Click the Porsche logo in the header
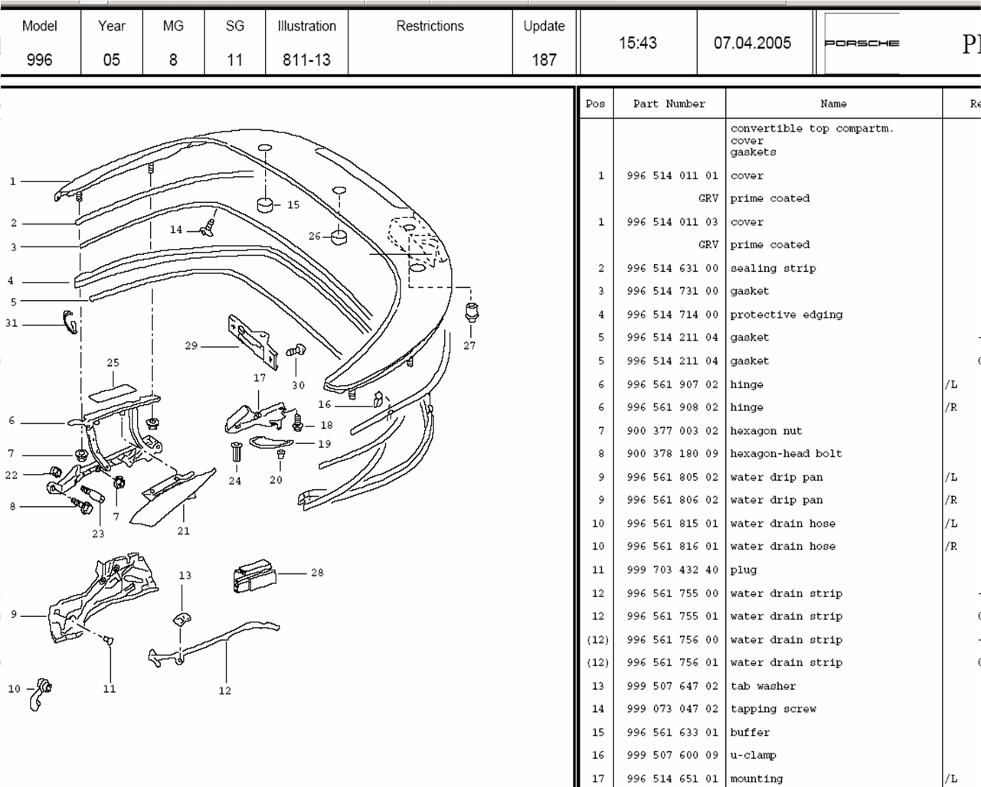(862, 43)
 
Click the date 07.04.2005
(752, 43)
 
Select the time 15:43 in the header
(638, 43)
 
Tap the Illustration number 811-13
(306, 60)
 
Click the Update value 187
(544, 60)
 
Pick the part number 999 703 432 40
(672, 570)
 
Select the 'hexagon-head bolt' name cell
(786, 453)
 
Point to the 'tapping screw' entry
(773, 709)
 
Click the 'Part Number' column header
(669, 104)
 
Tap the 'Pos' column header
(595, 104)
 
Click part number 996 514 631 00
(672, 268)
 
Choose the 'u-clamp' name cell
(753, 755)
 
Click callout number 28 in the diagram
(317, 572)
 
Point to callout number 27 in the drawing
(469, 345)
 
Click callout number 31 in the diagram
(11, 323)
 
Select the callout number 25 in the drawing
(113, 363)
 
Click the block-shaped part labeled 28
(253, 576)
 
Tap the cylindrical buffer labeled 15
(265, 204)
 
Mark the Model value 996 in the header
(39, 60)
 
